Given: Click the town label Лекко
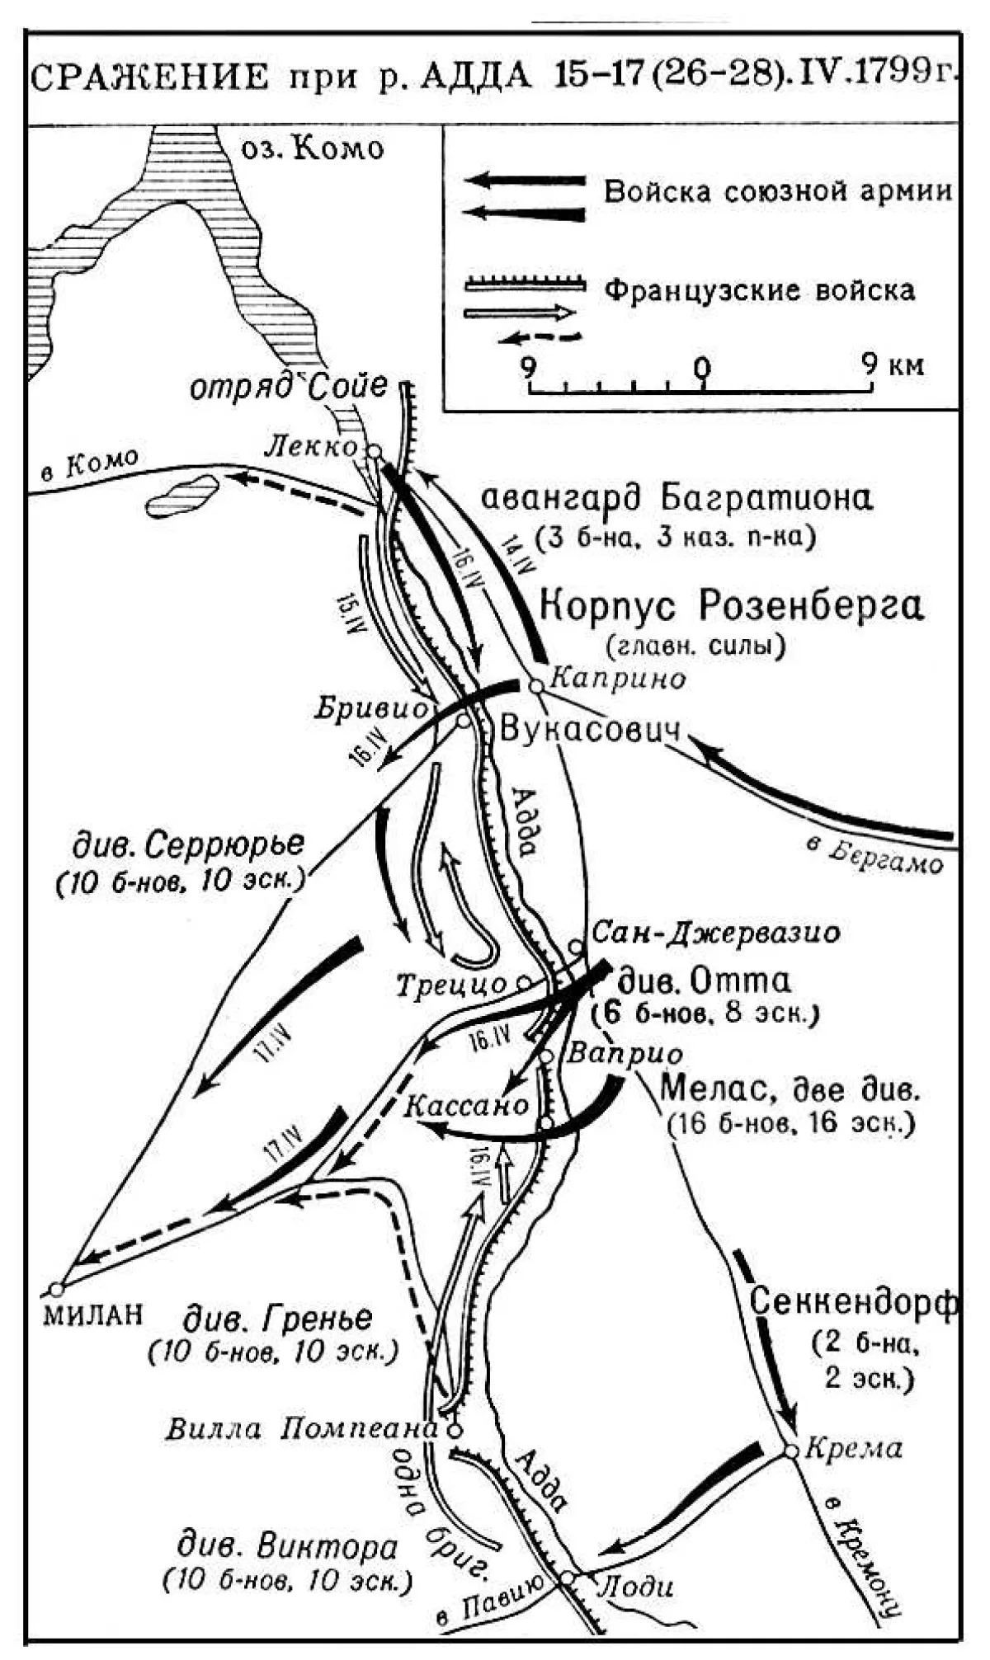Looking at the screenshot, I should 312,446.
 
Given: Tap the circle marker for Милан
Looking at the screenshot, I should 56,1289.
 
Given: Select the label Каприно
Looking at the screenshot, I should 618,679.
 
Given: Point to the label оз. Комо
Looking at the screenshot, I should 312,148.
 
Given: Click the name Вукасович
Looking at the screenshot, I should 591,730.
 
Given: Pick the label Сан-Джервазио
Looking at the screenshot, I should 716,933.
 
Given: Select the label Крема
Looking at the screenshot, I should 853,1447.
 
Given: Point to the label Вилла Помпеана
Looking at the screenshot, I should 300,1428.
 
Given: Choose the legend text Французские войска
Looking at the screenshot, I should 759,290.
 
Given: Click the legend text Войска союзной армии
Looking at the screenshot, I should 778,191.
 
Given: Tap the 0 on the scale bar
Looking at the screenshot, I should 701,365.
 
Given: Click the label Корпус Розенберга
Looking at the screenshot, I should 731,606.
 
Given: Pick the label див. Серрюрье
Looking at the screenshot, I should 188,844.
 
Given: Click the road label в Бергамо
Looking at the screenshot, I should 874,857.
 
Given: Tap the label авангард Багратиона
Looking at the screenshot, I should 676,499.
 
